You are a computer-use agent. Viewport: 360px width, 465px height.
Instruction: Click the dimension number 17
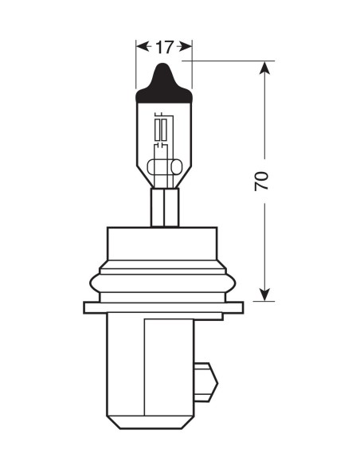[x=164, y=48]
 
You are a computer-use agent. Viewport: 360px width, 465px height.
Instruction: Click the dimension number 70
[x=262, y=181]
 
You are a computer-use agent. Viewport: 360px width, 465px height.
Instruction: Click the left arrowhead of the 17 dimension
[x=142, y=47]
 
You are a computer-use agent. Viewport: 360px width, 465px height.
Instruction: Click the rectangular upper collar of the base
[x=163, y=247]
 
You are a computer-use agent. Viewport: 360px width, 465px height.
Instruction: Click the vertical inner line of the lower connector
[x=145, y=366]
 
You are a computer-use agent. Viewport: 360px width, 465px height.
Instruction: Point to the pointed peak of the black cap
[x=164, y=66]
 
